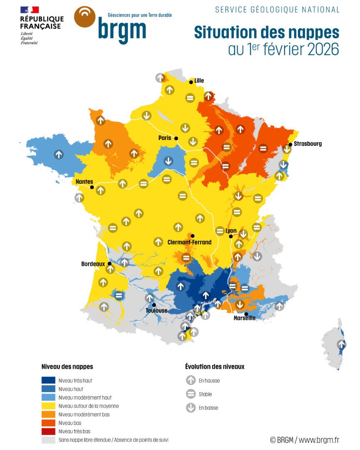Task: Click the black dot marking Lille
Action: point(191,82)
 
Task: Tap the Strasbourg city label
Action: point(307,144)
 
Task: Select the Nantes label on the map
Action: point(84,181)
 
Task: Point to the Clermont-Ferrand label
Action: point(189,242)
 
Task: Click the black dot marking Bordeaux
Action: point(110,264)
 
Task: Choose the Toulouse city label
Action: point(157,310)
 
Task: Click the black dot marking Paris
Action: point(176,138)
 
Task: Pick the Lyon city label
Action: point(231,230)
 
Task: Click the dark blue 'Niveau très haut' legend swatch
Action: point(48,380)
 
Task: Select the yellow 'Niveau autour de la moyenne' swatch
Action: point(48,406)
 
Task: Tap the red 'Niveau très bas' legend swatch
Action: point(48,431)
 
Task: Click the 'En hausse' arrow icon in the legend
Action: point(191,380)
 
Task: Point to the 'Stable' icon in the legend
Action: point(191,394)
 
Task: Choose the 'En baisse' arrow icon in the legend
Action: point(191,407)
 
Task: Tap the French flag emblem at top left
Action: point(29,10)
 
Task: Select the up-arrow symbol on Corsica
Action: point(342,345)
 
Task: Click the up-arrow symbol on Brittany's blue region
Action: point(59,154)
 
